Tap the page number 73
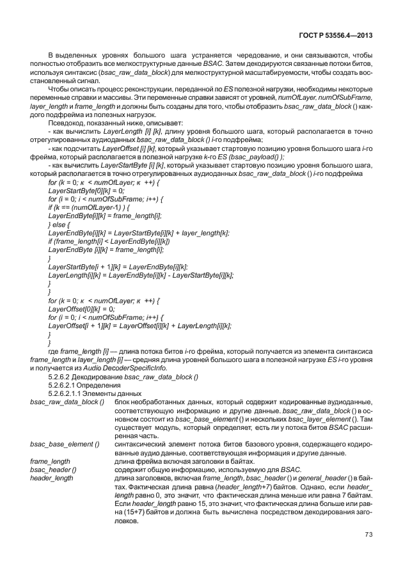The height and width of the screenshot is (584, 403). tap(368, 535)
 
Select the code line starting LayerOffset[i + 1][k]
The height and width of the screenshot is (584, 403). tap(139, 325)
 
